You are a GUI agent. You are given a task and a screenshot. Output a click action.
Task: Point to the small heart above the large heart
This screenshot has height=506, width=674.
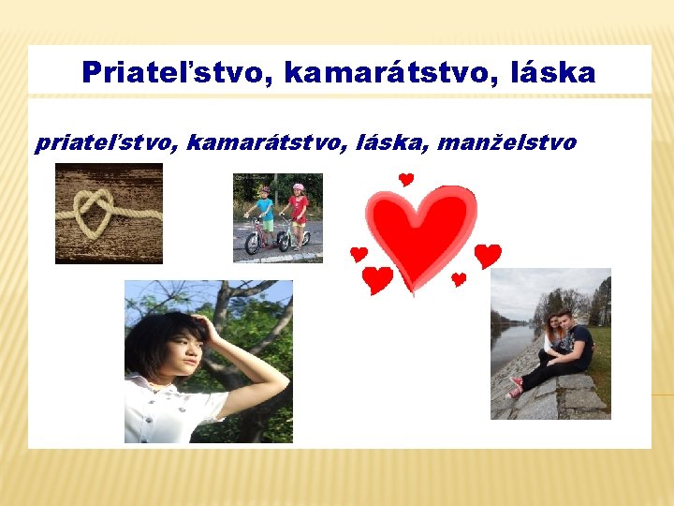pos(405,179)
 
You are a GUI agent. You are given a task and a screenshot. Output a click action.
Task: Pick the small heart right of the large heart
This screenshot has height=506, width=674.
pos(488,255)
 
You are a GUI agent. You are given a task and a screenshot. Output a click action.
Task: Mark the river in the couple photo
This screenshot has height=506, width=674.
pos(510,347)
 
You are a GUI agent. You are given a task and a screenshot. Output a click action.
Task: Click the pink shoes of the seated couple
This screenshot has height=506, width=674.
pos(515,386)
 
